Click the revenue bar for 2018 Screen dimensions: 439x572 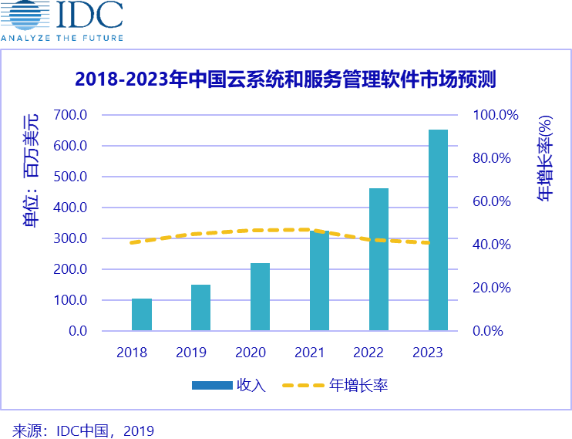[142, 315]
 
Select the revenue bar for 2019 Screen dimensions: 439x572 [200, 308]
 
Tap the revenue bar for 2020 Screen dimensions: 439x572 [260, 297]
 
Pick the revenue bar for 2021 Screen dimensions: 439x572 [319, 281]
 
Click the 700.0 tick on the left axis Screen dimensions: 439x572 [72, 115]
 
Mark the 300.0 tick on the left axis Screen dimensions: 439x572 [72, 238]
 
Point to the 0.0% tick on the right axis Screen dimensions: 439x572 [487, 331]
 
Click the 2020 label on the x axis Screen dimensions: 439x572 [250, 353]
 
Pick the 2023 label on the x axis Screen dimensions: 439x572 [428, 353]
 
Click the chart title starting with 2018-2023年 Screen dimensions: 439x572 [285, 79]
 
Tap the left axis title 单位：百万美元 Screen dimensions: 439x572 [31, 171]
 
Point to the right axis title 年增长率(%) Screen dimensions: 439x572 [545, 159]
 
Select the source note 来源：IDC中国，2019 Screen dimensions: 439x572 [83, 431]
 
